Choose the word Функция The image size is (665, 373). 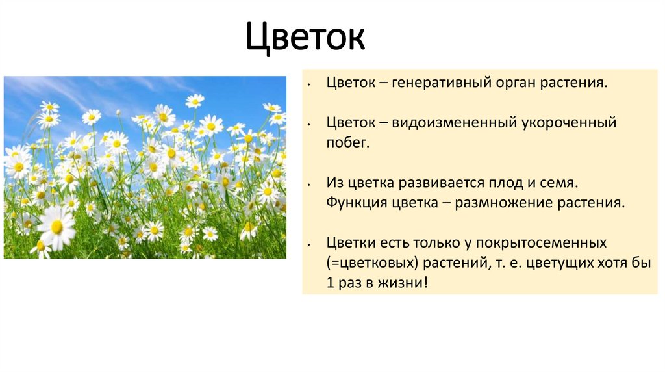click(356, 203)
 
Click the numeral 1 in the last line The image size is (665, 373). click(330, 283)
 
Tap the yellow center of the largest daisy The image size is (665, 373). click(57, 226)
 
